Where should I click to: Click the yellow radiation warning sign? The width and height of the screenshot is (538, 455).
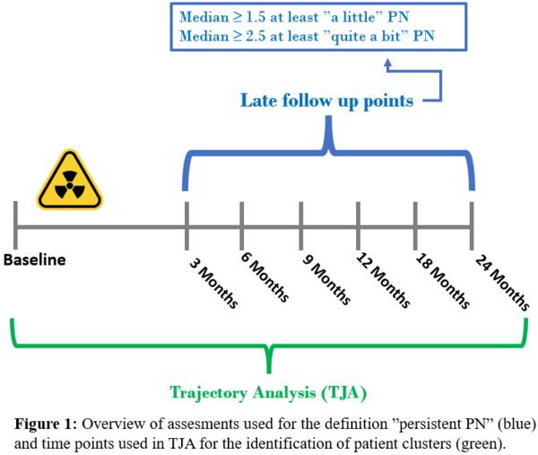click(x=70, y=180)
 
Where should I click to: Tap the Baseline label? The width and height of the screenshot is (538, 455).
click(x=34, y=260)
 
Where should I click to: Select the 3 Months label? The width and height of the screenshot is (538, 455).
click(x=213, y=284)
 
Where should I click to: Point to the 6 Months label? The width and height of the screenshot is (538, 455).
click(x=265, y=277)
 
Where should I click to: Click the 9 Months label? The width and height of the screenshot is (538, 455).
click(x=326, y=279)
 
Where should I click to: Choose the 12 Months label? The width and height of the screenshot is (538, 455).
click(x=383, y=281)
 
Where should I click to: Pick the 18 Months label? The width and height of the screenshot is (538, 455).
click(x=443, y=281)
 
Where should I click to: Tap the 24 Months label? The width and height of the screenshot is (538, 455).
click(x=502, y=283)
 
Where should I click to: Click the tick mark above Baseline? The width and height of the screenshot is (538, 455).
click(x=15, y=225)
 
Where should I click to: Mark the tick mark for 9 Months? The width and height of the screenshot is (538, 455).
click(x=301, y=226)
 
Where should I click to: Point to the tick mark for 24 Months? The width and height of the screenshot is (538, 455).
click(x=472, y=226)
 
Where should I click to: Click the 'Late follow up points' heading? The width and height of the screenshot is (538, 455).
click(x=326, y=101)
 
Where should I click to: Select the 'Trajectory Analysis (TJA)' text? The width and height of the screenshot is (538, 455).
click(x=268, y=392)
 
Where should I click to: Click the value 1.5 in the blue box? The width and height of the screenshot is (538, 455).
click(x=256, y=17)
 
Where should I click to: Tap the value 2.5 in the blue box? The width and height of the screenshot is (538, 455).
click(x=256, y=36)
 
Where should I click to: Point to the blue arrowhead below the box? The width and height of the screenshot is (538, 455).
click(x=387, y=63)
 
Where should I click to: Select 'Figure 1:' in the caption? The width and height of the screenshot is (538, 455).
click(x=46, y=424)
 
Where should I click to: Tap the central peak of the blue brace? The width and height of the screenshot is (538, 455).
click(x=329, y=118)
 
